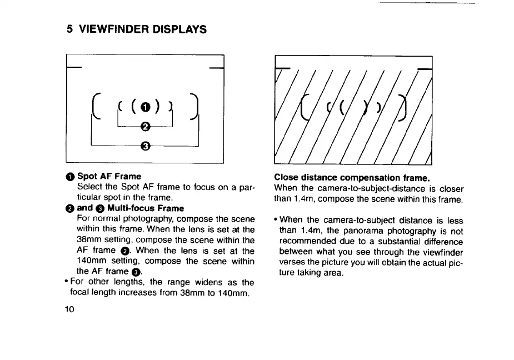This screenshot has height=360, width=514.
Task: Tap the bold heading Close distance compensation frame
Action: (x=352, y=178)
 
